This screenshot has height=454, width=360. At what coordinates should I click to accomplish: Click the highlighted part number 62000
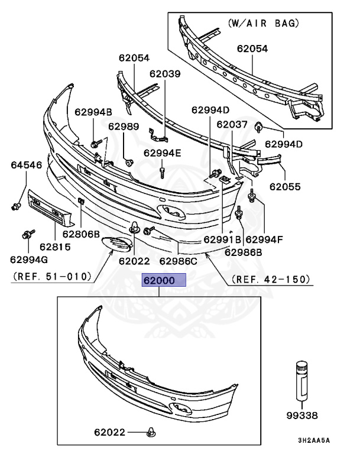[x=164, y=280]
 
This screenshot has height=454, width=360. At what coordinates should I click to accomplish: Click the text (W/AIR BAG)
[x=263, y=24]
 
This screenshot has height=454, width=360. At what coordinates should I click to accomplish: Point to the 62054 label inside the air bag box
[x=252, y=49]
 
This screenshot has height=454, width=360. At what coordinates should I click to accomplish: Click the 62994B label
[x=93, y=112]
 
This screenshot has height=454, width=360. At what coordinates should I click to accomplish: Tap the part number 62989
[x=124, y=126]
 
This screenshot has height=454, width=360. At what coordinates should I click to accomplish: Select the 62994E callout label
[x=163, y=153]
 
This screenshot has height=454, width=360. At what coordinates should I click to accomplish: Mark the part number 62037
[x=232, y=125]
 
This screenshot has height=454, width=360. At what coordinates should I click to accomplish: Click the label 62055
[x=285, y=187]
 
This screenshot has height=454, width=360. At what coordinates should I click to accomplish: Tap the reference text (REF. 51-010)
[x=51, y=276]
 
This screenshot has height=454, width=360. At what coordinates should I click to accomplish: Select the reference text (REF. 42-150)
[x=271, y=278]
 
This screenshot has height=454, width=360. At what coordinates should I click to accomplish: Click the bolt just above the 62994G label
[x=27, y=234]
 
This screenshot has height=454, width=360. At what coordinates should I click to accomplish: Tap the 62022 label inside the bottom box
[x=109, y=432]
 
